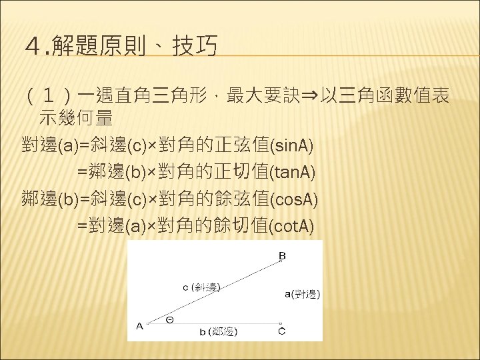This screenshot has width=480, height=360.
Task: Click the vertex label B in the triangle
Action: pos(282,255)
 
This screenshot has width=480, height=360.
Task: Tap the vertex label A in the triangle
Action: pos(140,327)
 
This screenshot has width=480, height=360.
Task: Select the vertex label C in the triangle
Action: pos(282,331)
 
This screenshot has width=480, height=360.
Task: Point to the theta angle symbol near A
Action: pos(170,319)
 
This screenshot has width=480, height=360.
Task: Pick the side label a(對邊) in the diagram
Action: pos(302,293)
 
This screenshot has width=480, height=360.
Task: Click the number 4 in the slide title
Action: pos(30,47)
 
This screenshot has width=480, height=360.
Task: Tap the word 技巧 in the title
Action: pos(195,47)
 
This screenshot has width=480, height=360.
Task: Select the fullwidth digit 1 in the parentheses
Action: pos(51,98)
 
